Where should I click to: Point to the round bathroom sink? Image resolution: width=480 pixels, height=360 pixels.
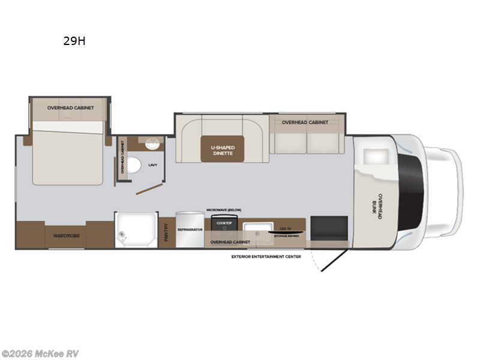click(151, 143)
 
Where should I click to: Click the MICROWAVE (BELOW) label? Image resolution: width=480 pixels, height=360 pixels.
click(224, 209)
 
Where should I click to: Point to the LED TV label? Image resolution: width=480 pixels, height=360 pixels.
click(285, 229)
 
